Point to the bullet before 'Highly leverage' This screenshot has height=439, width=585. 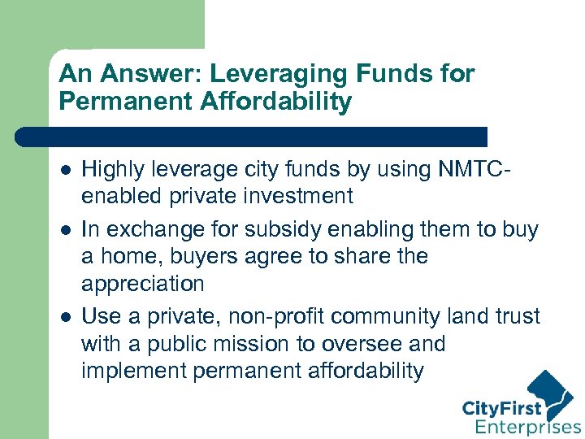[66, 169]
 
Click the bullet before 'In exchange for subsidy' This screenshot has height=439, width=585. [66, 230]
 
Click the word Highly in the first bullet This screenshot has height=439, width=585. [111, 169]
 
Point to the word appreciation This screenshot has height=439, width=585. [142, 285]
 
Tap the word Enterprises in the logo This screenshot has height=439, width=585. [527, 426]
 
